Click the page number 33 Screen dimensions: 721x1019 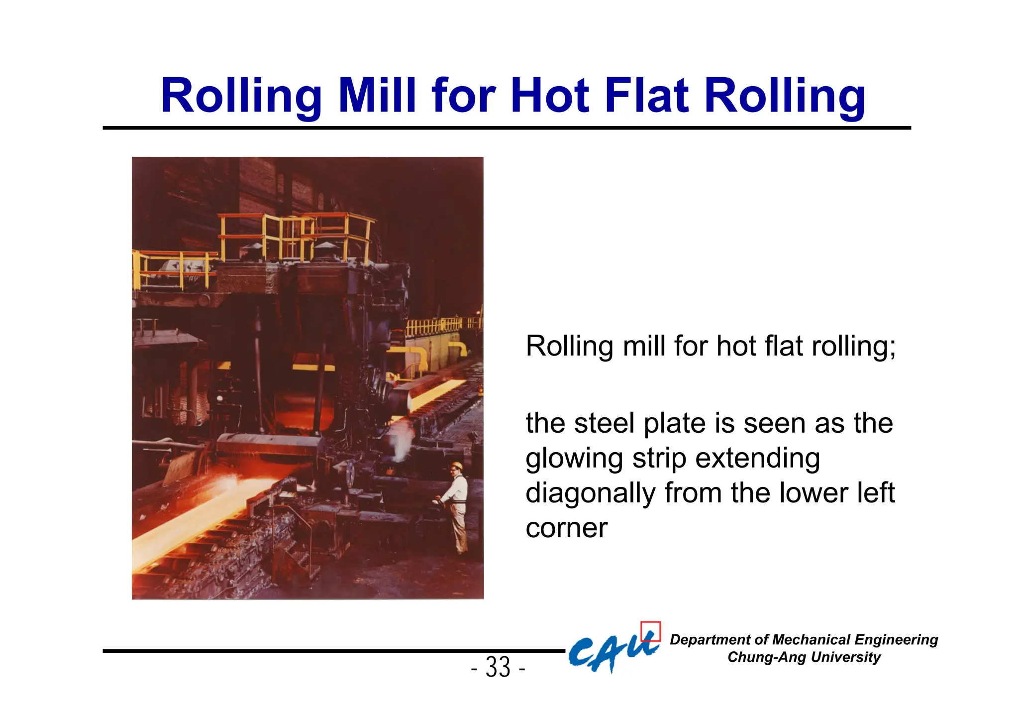click(x=498, y=667)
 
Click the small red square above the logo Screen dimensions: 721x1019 click(x=650, y=631)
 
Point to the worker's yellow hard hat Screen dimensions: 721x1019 click(x=456, y=466)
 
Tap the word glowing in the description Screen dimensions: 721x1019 click(x=574, y=459)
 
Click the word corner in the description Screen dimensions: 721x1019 click(x=566, y=528)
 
